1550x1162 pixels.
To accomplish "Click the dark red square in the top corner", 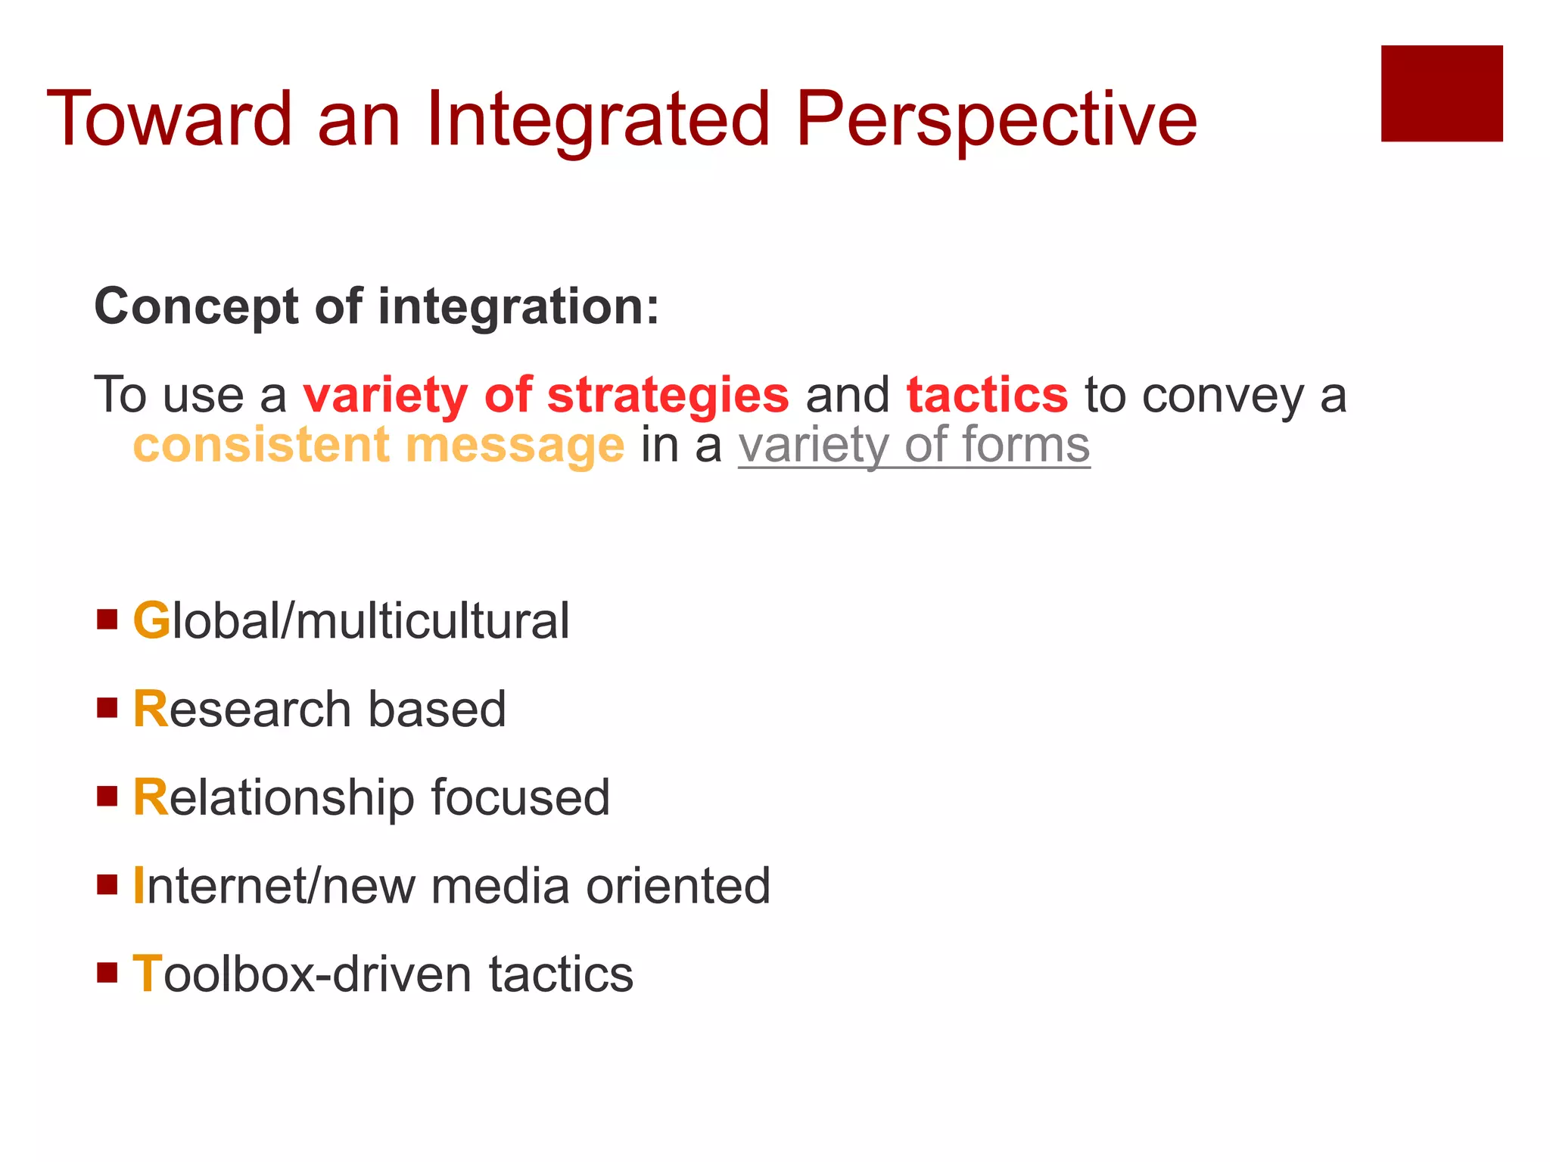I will click(1441, 93).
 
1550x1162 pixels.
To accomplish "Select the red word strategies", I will click(668, 396).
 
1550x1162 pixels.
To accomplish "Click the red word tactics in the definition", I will click(987, 396).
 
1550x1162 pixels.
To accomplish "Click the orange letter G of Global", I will click(151, 621).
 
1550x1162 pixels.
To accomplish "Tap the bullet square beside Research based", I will click(107, 708).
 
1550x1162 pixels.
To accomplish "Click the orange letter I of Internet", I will click(139, 885).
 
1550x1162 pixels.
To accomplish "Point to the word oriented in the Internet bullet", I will click(678, 886).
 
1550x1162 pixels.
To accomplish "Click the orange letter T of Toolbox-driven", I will click(148, 974).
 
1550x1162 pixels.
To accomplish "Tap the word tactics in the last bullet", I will click(561, 974).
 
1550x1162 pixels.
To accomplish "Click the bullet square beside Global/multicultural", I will click(107, 620).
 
